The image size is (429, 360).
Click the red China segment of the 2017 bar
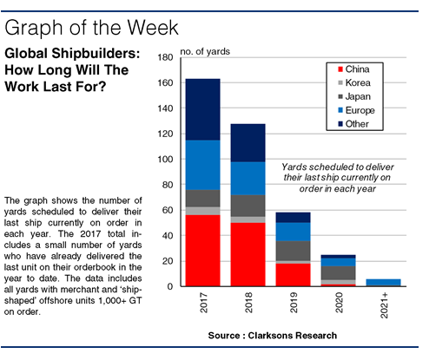(202, 251)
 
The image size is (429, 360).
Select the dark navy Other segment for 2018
(247, 143)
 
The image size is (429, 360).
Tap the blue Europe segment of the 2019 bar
(293, 232)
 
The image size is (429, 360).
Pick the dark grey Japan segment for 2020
(338, 272)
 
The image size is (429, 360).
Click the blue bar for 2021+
(383, 283)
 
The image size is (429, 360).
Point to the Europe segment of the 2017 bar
(202, 165)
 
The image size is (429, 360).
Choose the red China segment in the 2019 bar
(293, 275)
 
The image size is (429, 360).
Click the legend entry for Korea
(354, 83)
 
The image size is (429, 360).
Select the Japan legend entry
(354, 96)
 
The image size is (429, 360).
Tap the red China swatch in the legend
(340, 69)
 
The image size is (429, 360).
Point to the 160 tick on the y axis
(165, 83)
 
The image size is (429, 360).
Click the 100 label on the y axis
(165, 160)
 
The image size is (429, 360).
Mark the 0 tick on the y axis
(170, 286)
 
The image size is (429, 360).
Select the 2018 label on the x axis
(248, 303)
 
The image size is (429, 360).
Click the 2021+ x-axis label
(384, 305)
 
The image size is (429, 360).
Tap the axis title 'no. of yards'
(205, 51)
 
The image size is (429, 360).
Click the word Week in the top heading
(153, 28)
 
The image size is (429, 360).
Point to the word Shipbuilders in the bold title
(95, 54)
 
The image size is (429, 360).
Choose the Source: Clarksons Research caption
(273, 336)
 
